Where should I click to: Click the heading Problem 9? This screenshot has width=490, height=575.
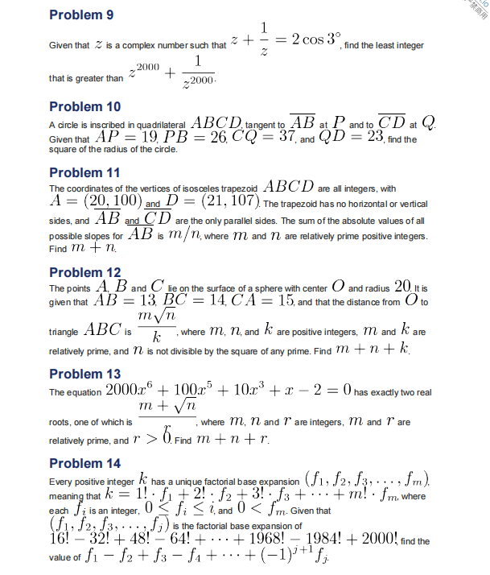[81, 15]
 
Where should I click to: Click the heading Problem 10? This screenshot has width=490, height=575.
[84, 106]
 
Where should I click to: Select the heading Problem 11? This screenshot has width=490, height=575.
[84, 172]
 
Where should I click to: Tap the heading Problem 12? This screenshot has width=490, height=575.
[84, 272]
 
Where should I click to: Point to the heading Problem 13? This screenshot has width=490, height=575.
[84, 374]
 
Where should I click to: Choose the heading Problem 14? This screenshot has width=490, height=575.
[84, 463]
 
